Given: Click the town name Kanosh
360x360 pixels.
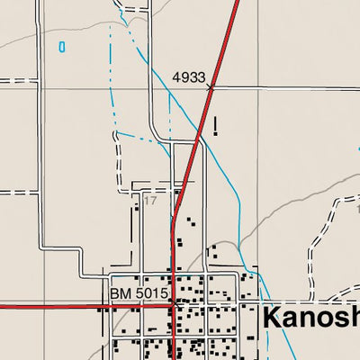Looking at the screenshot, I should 311,317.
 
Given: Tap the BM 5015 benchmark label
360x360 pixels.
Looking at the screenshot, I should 139,294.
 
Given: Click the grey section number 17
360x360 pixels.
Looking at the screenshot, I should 149,201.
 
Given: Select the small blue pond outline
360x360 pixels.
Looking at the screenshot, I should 61,46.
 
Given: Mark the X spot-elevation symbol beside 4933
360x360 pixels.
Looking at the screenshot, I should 212,87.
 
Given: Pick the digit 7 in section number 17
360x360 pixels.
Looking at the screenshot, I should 152,201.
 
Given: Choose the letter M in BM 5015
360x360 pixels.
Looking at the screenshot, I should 124,294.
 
